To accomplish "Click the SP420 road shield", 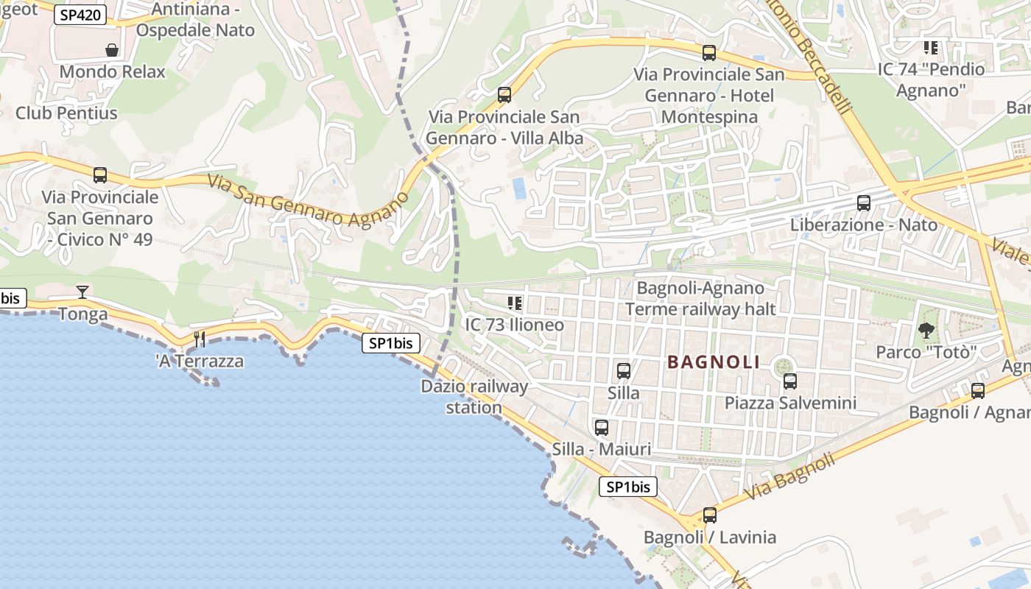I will [80, 15].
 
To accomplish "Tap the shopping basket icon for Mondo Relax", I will [112, 50].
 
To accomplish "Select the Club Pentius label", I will [66, 113].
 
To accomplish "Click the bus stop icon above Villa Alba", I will [504, 94].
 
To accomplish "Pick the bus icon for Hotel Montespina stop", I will [709, 52].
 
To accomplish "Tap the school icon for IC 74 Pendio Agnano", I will [931, 48].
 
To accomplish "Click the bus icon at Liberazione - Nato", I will [864, 202].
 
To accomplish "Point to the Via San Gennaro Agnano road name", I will [308, 200].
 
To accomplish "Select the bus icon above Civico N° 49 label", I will [100, 175].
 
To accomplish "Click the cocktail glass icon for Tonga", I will [82, 292].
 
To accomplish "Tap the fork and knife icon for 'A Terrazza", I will [200, 339].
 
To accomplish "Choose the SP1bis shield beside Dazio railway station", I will [390, 343].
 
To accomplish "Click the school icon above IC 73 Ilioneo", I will [515, 303].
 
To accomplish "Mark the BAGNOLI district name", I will [714, 362].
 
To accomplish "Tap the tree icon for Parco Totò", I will [926, 331].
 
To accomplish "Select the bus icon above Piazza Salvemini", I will [790, 381].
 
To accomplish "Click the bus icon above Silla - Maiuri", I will [602, 427].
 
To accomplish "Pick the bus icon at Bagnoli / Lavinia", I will [710, 515].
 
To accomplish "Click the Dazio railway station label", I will [474, 397].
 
